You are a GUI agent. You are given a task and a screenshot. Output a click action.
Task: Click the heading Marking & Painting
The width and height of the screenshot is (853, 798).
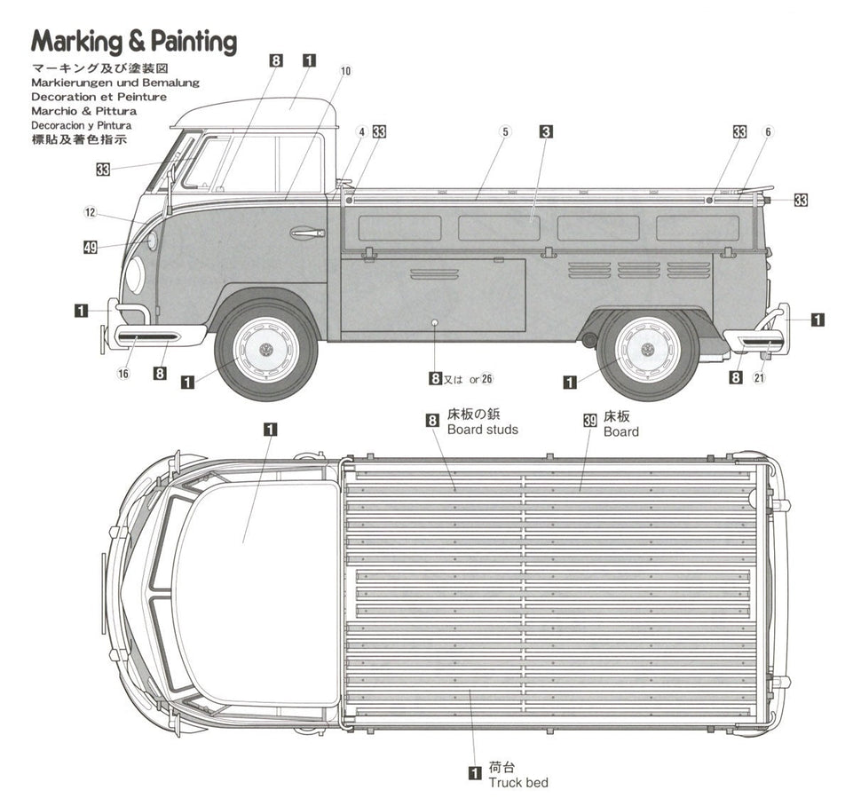click(x=134, y=42)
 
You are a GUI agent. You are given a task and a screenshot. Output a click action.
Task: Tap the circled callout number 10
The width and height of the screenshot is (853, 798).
click(x=345, y=71)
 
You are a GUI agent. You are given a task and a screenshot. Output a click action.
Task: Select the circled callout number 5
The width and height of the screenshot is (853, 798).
click(x=504, y=131)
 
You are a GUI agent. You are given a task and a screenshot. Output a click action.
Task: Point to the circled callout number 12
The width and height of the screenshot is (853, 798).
click(x=90, y=212)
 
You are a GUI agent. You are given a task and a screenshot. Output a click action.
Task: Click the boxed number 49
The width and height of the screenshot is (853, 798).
click(x=90, y=248)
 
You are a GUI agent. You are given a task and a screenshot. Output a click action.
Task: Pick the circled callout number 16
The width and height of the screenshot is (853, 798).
click(x=123, y=374)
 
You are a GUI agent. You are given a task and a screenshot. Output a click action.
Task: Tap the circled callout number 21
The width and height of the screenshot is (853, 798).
click(x=758, y=378)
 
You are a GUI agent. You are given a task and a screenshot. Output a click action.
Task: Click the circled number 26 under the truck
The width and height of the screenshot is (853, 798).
click(x=486, y=379)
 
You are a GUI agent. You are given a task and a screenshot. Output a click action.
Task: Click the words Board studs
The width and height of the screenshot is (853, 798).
click(x=482, y=430)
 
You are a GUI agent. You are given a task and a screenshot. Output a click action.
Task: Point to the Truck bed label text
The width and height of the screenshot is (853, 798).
click(x=517, y=782)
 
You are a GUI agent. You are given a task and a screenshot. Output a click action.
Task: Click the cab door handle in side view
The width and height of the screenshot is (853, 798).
click(x=307, y=233)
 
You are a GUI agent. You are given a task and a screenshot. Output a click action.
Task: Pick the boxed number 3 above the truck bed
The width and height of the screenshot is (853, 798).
click(x=546, y=131)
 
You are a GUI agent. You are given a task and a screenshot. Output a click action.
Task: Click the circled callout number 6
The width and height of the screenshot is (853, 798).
click(x=769, y=131)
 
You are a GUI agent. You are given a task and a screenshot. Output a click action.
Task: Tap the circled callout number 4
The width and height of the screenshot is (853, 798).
click(x=361, y=132)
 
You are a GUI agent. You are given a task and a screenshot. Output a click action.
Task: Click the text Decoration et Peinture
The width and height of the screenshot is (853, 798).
click(x=99, y=97)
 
